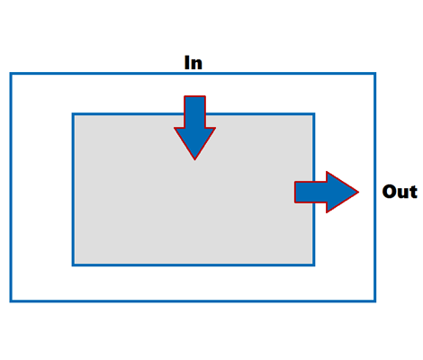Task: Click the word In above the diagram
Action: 193,63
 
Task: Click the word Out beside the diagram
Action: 400,192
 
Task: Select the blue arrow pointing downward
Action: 194,128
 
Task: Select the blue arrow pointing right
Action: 327,193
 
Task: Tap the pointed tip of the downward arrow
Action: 194,159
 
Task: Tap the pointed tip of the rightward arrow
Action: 359,193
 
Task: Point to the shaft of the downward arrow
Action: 194,112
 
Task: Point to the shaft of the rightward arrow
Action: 310,193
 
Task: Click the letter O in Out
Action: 390,192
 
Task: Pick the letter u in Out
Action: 403,193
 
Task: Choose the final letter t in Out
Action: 413,193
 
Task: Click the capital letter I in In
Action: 187,63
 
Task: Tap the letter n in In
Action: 197,65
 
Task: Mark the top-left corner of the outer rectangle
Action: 11,73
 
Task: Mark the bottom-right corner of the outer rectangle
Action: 375,301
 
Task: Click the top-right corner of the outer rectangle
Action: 375,73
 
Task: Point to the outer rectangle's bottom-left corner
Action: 11,301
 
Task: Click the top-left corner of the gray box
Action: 73,114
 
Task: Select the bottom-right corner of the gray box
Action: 314,265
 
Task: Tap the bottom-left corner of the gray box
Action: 73,265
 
